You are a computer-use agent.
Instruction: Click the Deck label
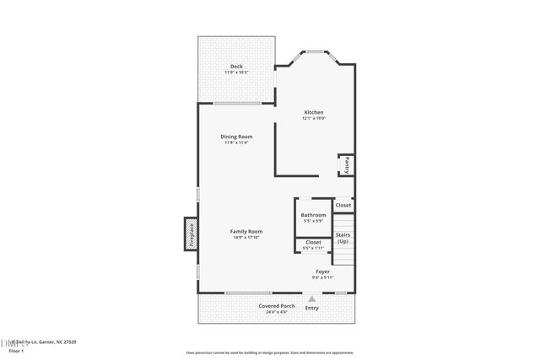[x=236, y=67]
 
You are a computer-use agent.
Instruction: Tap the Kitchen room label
[x=314, y=112]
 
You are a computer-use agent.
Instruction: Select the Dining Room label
[x=236, y=137]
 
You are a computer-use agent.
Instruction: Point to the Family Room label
[x=247, y=231]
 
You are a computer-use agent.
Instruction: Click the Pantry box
[x=346, y=164]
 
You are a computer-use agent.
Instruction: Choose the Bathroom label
[x=313, y=215]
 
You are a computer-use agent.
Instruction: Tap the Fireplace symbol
[x=191, y=234]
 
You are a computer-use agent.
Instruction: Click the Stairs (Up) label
[x=343, y=238]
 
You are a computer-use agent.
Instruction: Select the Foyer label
[x=323, y=271]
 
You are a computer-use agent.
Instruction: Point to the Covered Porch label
[x=276, y=306]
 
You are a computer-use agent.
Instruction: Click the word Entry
[x=312, y=308]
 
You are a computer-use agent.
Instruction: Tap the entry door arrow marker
[x=312, y=298]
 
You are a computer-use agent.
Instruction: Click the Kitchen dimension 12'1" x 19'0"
[x=314, y=119]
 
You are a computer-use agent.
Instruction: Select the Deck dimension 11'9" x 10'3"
[x=236, y=73]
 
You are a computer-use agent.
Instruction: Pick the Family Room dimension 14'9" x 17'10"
[x=247, y=238]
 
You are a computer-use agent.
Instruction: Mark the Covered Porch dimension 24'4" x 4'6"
[x=276, y=313]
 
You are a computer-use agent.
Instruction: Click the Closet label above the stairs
[x=343, y=205]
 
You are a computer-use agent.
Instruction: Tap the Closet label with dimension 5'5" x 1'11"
[x=313, y=242]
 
